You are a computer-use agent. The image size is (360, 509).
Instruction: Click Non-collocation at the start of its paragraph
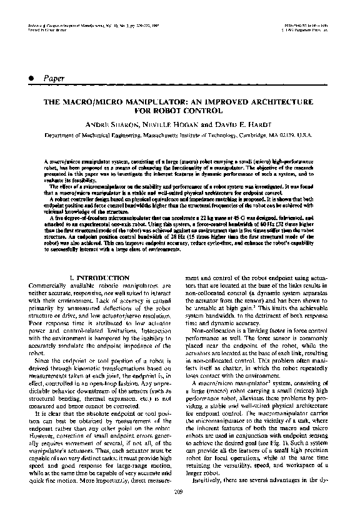(211, 330)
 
